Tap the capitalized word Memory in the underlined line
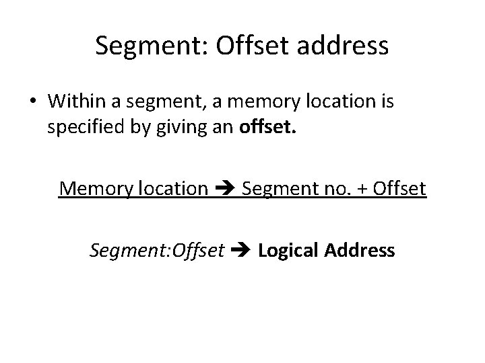96,189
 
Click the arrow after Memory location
224,190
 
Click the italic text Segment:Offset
156,251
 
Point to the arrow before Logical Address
240,251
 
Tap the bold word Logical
288,251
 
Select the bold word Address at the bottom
360,250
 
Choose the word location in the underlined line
173,189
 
